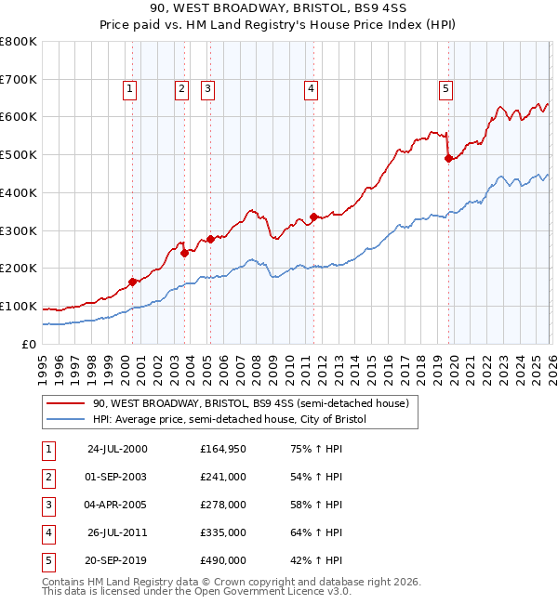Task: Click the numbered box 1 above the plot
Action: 128,89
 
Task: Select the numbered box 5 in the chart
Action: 446,89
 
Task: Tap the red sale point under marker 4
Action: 313,217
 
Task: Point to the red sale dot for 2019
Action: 448,158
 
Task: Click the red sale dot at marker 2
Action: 184,252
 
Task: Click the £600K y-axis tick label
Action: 19,117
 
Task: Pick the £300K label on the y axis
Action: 19,230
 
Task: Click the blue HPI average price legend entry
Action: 230,420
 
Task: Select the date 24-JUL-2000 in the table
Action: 116,449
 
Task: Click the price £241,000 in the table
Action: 223,477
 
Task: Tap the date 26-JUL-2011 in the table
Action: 116,532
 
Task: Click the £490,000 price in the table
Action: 223,560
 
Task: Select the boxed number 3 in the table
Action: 46,505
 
